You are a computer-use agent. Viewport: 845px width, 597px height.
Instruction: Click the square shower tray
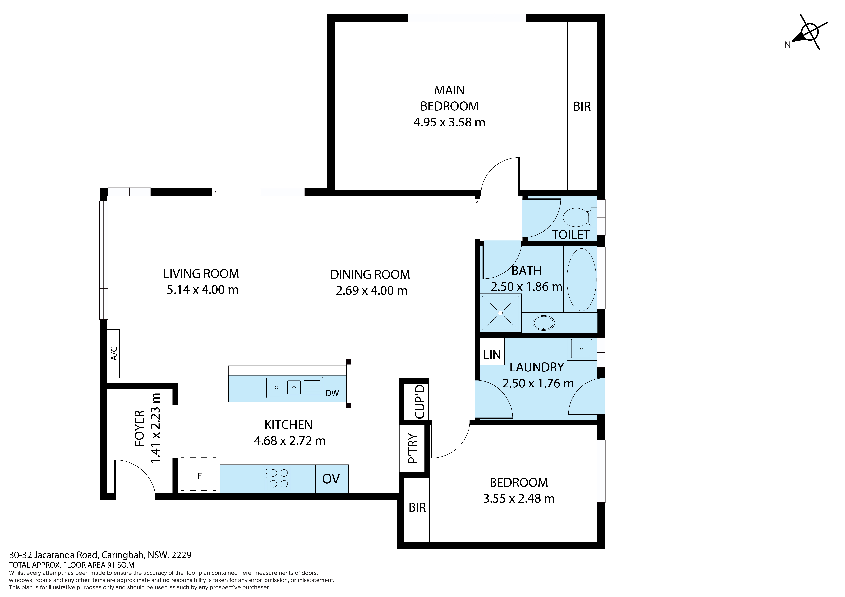501,313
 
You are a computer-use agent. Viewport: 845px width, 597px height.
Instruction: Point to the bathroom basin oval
544,323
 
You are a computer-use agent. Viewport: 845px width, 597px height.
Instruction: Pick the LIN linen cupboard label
492,355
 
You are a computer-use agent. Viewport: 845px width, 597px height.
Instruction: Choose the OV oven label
331,479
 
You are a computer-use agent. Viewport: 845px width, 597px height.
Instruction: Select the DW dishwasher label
332,393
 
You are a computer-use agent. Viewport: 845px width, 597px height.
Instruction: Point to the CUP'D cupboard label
420,401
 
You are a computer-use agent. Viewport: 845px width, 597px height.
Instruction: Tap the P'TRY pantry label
413,448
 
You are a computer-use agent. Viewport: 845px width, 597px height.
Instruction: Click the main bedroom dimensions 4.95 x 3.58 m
449,122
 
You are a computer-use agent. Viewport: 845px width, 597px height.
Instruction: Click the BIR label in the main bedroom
582,107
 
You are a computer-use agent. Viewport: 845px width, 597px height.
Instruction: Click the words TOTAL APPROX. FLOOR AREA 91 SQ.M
72,565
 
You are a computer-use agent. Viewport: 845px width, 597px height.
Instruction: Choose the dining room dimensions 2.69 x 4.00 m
372,291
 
